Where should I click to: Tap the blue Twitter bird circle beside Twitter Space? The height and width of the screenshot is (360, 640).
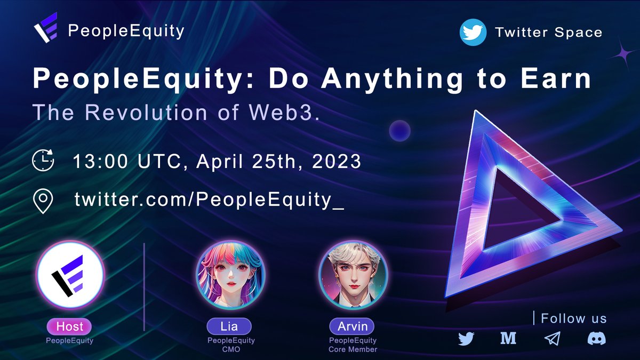click(x=473, y=33)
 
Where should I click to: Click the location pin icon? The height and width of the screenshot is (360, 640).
click(x=43, y=201)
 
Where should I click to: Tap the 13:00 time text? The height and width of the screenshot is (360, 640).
click(x=100, y=161)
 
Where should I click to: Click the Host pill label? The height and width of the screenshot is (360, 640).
click(x=69, y=326)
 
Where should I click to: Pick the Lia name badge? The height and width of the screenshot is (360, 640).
click(x=229, y=326)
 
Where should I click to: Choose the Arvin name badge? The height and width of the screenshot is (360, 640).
click(x=352, y=326)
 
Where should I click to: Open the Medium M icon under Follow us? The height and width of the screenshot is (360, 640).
click(x=508, y=339)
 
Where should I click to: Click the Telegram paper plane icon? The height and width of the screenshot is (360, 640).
click(x=552, y=339)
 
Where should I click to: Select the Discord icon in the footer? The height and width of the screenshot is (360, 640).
click(x=596, y=339)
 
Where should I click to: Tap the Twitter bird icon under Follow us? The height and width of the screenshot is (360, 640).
click(x=466, y=339)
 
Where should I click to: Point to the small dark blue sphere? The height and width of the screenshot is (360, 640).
click(x=399, y=131)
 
